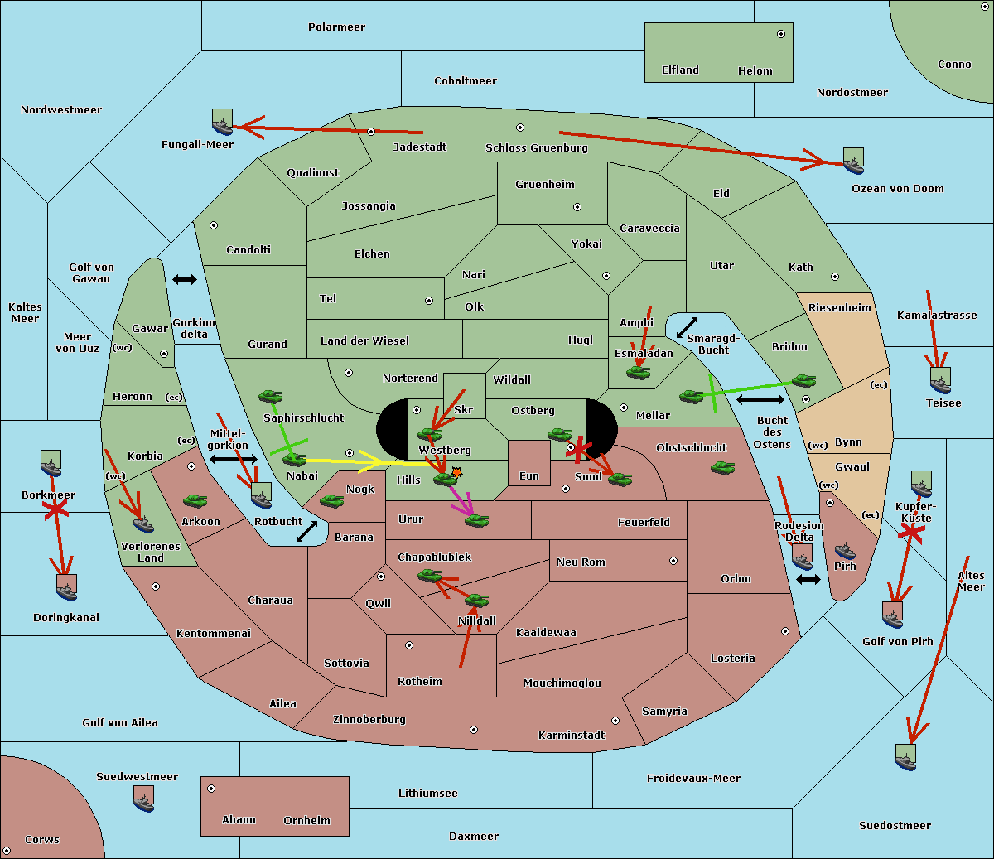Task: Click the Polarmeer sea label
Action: pyautogui.click(x=336, y=27)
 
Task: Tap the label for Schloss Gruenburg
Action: pyautogui.click(x=537, y=147)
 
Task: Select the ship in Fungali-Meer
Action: pyautogui.click(x=222, y=122)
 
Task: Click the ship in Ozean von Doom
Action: pyautogui.click(x=853, y=161)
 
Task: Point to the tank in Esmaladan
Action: pyautogui.click(x=638, y=372)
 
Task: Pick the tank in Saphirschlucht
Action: pyautogui.click(x=270, y=396)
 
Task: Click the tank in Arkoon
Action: pyautogui.click(x=195, y=500)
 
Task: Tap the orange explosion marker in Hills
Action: pyautogui.click(x=456, y=472)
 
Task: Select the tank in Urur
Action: pyautogui.click(x=476, y=520)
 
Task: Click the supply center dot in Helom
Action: pyautogui.click(x=781, y=34)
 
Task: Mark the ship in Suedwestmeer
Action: pyautogui.click(x=143, y=799)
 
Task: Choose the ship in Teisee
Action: pyautogui.click(x=940, y=380)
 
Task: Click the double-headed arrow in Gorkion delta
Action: pyautogui.click(x=185, y=279)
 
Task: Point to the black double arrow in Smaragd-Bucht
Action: pyautogui.click(x=687, y=327)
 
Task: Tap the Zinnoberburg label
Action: pyautogui.click(x=369, y=720)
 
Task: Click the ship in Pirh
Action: pyautogui.click(x=845, y=551)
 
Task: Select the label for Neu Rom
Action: pyautogui.click(x=581, y=562)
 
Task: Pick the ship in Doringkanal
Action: pyautogui.click(x=66, y=587)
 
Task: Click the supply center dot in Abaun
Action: pyautogui.click(x=211, y=789)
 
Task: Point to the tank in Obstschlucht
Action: pyautogui.click(x=723, y=467)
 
